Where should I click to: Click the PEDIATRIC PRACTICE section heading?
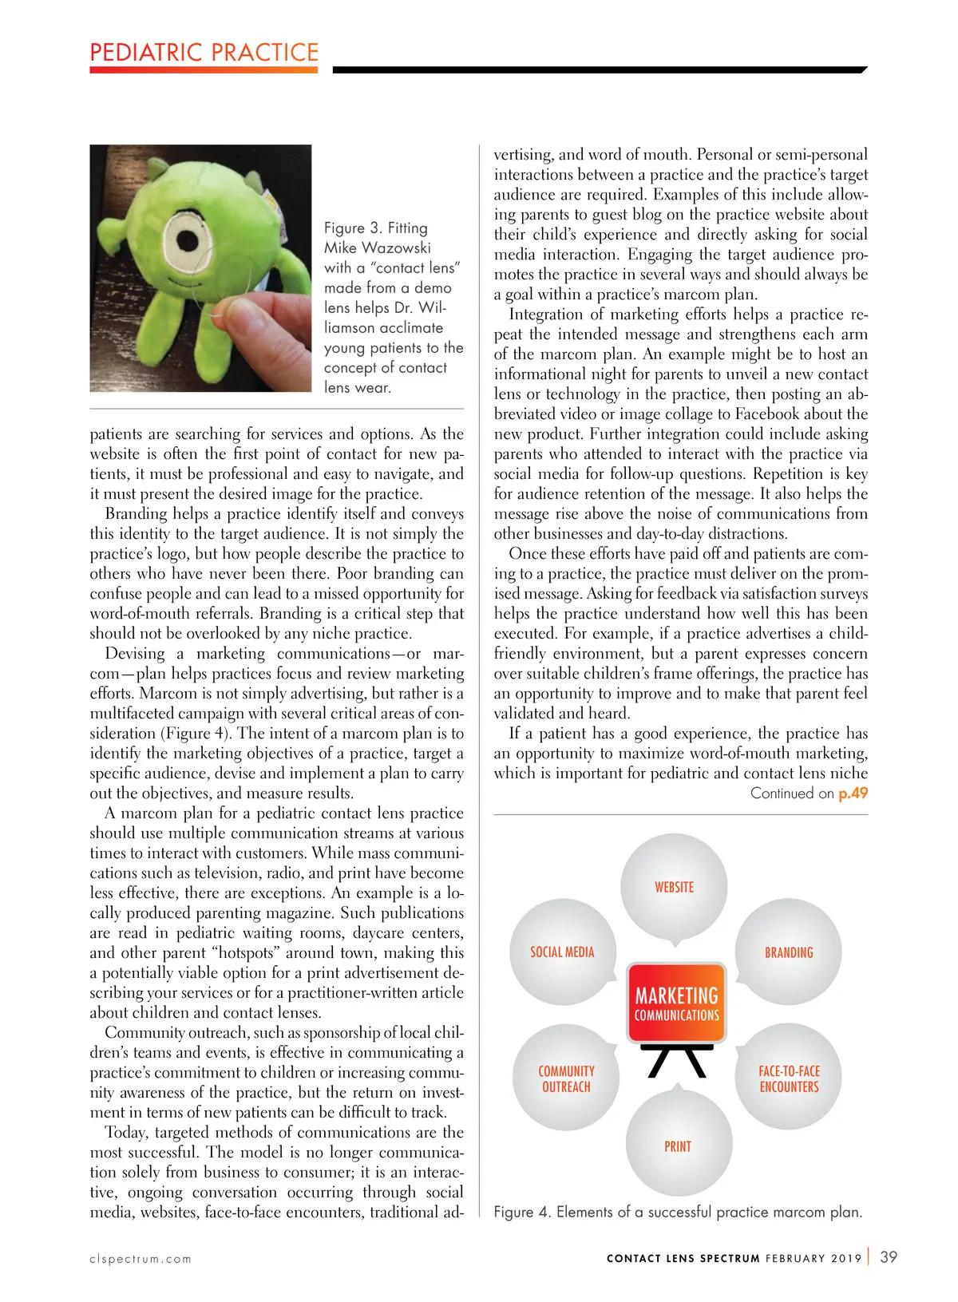point(204,53)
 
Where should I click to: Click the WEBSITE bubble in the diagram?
point(675,887)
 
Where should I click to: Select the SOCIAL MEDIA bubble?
point(563,952)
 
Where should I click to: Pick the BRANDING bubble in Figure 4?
point(789,952)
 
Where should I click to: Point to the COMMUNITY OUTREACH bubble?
point(566,1078)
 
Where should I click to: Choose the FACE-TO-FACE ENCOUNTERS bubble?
point(789,1078)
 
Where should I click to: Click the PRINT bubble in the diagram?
point(678,1146)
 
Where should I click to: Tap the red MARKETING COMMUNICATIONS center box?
point(676,1003)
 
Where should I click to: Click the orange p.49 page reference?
point(853,793)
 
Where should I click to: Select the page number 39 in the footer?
point(889,1256)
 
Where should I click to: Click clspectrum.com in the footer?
point(141,1259)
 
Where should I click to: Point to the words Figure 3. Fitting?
point(376,228)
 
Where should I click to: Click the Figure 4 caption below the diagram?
point(678,1212)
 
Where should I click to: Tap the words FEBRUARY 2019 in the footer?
point(814,1258)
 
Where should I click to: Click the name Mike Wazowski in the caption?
point(378,248)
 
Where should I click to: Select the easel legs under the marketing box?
point(677,1061)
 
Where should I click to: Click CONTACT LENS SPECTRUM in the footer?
point(683,1258)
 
